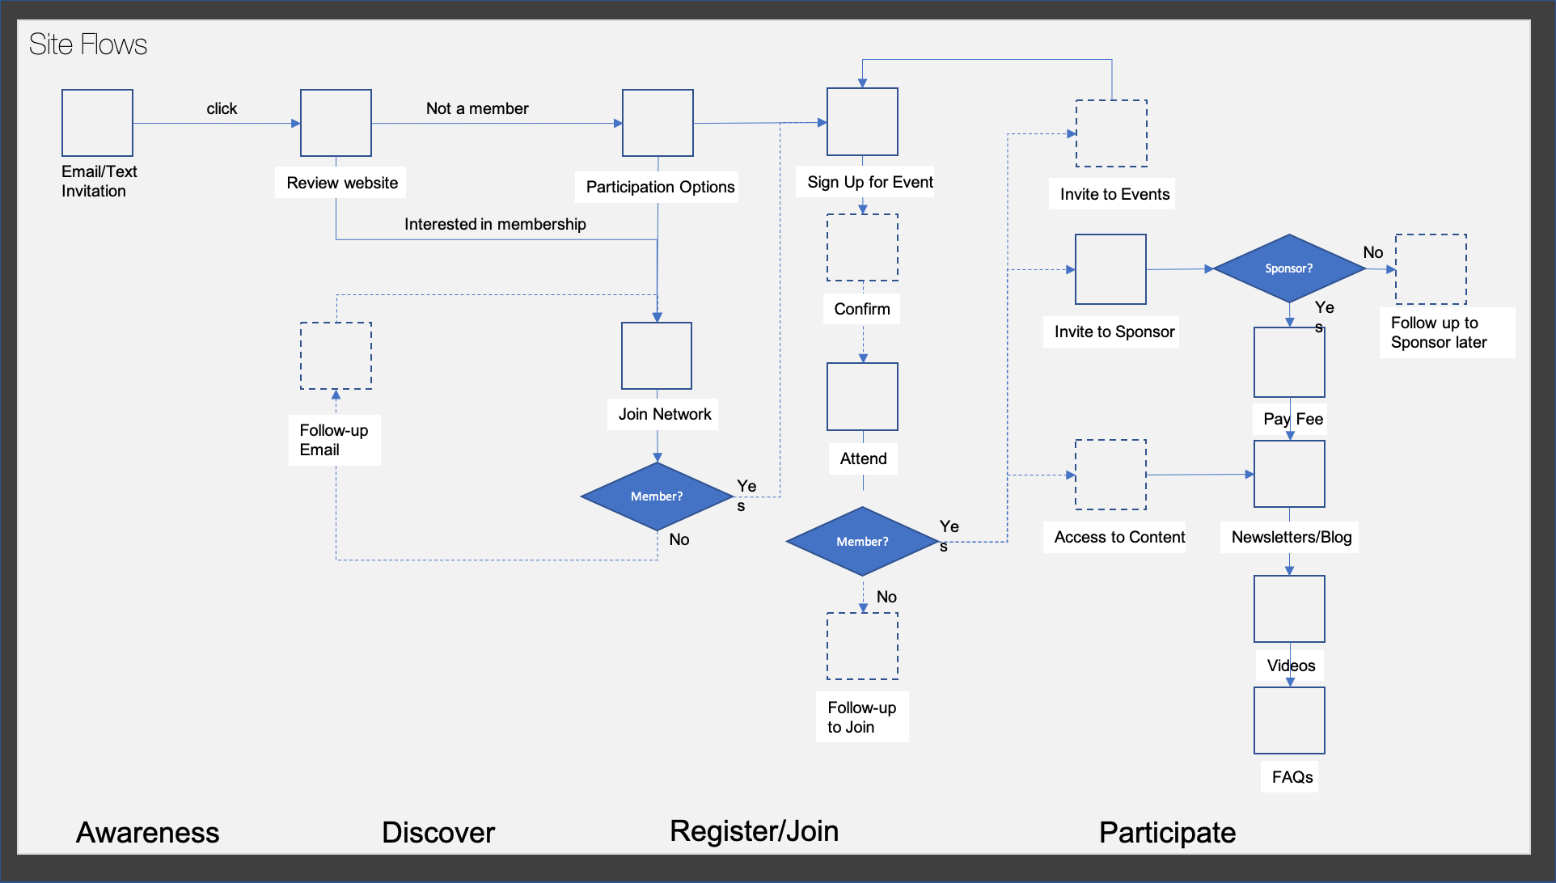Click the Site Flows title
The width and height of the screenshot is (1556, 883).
(87, 44)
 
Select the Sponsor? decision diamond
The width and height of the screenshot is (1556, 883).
(1288, 268)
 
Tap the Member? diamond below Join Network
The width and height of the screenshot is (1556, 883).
(656, 496)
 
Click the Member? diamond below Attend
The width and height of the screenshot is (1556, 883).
(861, 542)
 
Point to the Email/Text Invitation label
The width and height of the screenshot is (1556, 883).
(99, 181)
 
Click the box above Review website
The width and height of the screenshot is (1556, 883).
(336, 123)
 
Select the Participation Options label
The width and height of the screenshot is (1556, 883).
(659, 187)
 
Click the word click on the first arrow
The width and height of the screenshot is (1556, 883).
(222, 108)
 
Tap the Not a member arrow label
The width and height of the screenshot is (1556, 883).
(477, 108)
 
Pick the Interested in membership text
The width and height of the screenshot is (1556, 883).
(495, 224)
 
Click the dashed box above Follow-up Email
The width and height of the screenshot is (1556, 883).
(336, 356)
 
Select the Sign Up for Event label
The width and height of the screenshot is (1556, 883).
(869, 182)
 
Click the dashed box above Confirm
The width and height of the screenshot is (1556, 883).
(862, 247)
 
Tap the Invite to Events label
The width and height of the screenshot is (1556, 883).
(1114, 194)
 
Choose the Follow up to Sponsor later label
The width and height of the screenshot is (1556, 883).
(1439, 332)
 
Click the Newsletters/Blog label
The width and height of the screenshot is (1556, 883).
(1291, 537)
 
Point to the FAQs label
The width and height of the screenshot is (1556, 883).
(1292, 777)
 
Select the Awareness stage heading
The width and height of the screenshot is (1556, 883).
(147, 832)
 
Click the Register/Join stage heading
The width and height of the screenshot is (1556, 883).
(754, 831)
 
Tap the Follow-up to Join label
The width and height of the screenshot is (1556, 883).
(861, 717)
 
